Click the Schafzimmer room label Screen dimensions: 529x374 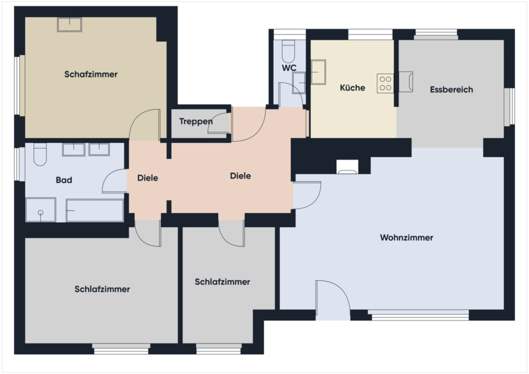[91, 74]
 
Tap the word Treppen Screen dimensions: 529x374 [196, 121]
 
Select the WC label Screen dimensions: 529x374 [289, 68]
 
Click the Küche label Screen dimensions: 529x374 [352, 88]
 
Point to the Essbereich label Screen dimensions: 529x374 [451, 89]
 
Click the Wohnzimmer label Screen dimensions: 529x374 [407, 238]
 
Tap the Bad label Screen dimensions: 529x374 [64, 180]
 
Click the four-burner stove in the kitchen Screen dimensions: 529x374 [385, 84]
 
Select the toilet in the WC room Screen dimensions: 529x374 [289, 51]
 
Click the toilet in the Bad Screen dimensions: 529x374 [40, 154]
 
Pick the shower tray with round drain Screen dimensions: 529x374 [41, 209]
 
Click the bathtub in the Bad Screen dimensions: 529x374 [95, 211]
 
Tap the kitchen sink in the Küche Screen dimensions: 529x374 [318, 72]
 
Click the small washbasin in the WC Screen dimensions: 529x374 [299, 83]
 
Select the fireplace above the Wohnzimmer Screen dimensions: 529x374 [347, 167]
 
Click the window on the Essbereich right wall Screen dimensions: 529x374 [510, 106]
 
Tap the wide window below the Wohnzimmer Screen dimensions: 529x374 [418, 315]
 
